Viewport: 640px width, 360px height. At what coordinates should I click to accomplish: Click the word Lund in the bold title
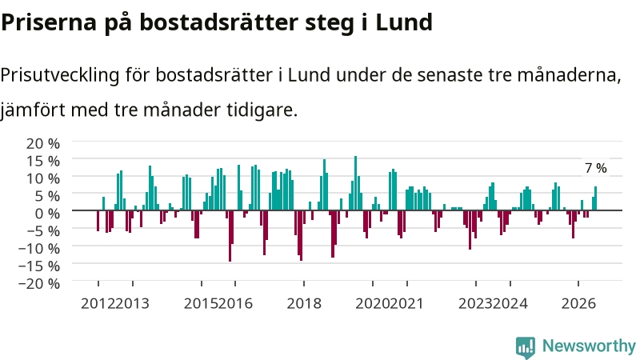pos(404,22)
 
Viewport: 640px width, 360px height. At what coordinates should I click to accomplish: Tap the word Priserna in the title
pos(49,22)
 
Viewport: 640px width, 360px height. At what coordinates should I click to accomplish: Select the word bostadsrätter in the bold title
pos(218,22)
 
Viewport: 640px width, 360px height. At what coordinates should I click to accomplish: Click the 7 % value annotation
pos(595,168)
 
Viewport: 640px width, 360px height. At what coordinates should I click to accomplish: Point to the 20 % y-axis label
pos(43,143)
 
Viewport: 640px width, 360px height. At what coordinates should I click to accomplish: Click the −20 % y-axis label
pos(39,283)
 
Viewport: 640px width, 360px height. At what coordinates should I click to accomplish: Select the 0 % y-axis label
pos(47,213)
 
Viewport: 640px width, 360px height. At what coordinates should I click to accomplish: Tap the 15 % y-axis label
pos(43,161)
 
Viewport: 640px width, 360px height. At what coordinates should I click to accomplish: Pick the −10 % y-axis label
pos(39,248)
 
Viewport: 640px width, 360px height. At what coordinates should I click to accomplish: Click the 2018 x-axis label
pos(304,304)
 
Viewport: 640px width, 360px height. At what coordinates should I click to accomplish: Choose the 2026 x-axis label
pos(578,304)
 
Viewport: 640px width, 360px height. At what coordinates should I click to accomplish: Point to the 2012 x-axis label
pos(98,304)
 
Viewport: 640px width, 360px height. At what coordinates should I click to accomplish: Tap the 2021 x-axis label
pos(407,304)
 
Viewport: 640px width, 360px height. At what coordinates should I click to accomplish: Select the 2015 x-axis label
pos(202,304)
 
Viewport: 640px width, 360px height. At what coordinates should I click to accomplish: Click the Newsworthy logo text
pos(589,346)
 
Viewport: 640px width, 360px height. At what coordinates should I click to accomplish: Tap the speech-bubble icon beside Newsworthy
pos(526,347)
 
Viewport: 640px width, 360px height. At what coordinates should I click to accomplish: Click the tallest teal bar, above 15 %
pos(355,183)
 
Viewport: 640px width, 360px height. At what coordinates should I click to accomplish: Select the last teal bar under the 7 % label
pos(595,198)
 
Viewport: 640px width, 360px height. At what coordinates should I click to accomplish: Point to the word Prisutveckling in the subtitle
pos(60,74)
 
